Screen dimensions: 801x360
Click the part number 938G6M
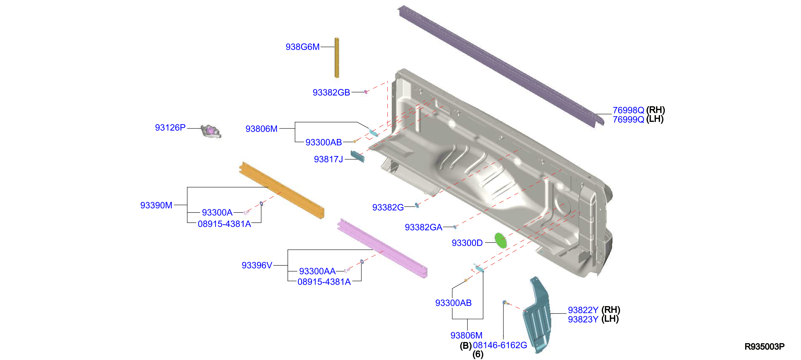point(303,47)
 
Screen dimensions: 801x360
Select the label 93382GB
point(331,92)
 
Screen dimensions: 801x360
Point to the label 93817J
point(328,159)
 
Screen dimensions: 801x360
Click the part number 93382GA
point(423,227)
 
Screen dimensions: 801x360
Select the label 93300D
point(467,243)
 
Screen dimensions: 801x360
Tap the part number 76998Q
point(628,110)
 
